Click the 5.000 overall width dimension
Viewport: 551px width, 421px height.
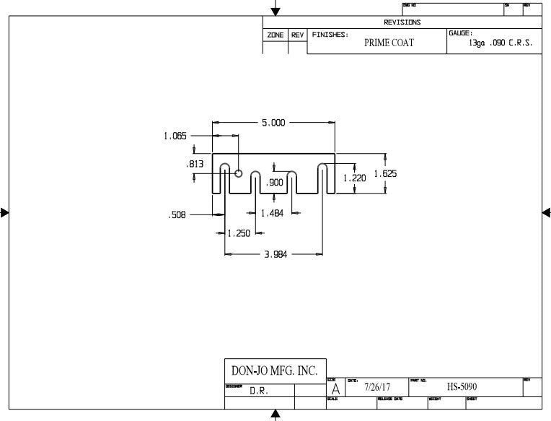coord(273,123)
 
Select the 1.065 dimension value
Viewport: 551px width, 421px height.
coord(176,135)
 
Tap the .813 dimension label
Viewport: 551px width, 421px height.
coord(195,165)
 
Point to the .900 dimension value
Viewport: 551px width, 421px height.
coord(275,183)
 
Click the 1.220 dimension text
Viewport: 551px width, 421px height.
coord(354,178)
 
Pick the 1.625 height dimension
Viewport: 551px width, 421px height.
coord(385,173)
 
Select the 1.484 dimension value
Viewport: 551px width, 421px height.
coord(273,213)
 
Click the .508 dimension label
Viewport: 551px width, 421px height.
coord(177,214)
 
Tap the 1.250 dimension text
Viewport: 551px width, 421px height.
coord(239,233)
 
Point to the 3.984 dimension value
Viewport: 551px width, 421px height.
coord(274,254)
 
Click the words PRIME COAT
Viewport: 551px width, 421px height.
coord(389,43)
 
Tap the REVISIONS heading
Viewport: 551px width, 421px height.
coord(402,22)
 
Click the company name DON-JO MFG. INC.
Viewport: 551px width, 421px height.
coord(274,371)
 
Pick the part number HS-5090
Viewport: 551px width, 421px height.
coord(462,387)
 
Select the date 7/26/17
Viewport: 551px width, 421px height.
coord(377,387)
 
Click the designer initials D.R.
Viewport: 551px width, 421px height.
coord(260,391)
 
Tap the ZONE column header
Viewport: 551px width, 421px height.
coord(275,35)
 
